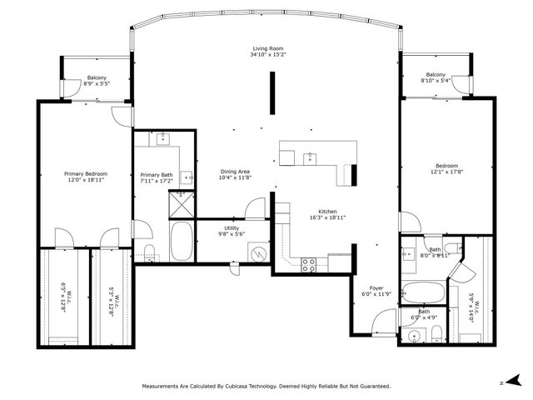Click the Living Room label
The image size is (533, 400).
[268, 49]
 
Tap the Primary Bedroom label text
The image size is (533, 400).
[86, 173]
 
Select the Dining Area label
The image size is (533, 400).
[234, 172]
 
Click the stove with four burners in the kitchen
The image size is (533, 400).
[308, 265]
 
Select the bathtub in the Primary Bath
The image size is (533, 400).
[181, 241]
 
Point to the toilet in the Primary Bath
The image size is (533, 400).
[148, 252]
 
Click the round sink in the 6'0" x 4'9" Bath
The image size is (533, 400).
[415, 335]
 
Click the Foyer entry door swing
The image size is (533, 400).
[383, 321]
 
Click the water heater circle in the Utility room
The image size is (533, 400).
[260, 252]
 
